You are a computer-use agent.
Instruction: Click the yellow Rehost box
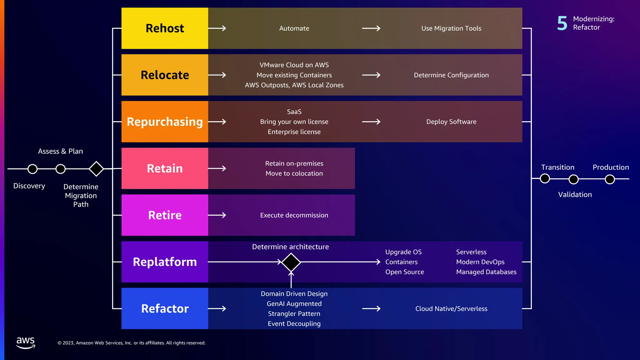165,28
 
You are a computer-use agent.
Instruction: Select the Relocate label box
165,75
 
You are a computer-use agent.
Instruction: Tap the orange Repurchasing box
165,122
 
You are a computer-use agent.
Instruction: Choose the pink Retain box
165,168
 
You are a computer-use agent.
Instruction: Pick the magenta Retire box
165,215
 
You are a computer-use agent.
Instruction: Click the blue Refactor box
165,308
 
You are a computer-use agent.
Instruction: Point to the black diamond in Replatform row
291,262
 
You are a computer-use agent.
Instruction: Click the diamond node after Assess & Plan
96,169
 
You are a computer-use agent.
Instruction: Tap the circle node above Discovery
32,169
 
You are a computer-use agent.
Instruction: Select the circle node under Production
610,179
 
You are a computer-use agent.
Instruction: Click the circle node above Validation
573,179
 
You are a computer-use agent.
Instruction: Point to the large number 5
562,23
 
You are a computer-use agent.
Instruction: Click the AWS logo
26,342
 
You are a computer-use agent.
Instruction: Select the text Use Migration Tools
451,28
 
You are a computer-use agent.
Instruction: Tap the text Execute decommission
294,215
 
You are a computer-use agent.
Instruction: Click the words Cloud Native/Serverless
451,309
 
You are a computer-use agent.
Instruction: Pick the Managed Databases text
486,272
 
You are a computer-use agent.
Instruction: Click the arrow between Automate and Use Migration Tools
371,28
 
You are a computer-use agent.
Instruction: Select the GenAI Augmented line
294,304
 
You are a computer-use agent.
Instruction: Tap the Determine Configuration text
451,75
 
